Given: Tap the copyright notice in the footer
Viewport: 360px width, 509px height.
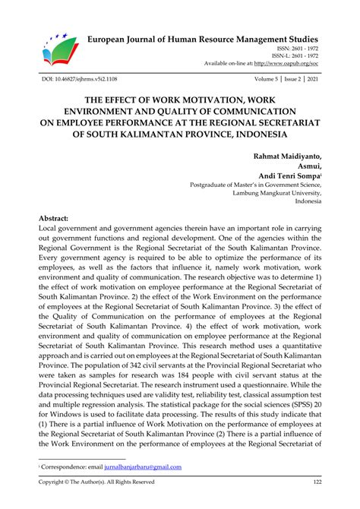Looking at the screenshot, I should click(96, 482).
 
